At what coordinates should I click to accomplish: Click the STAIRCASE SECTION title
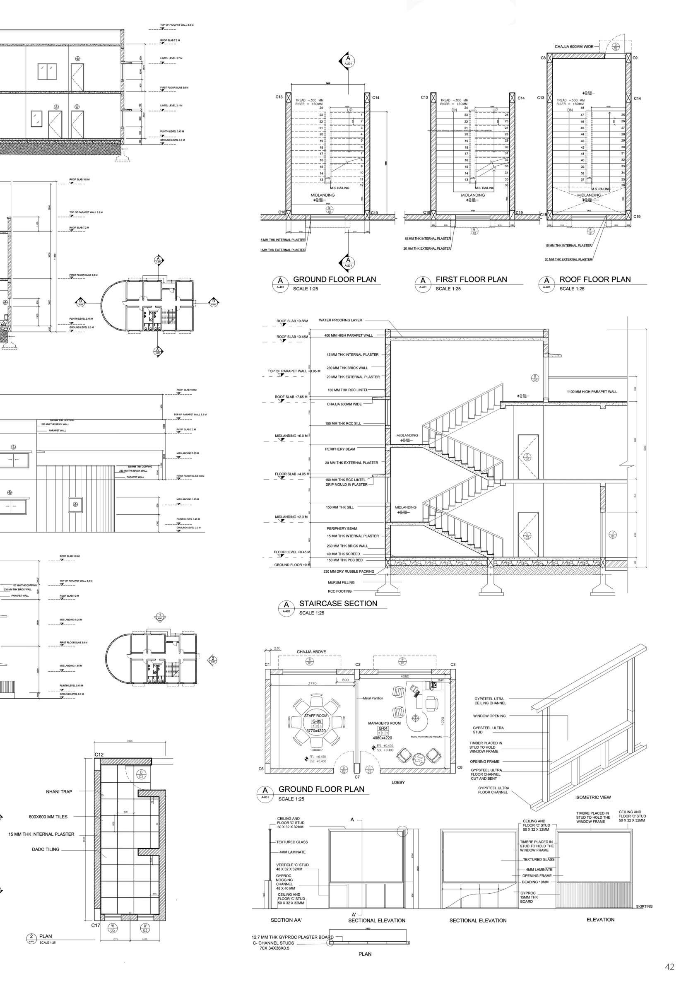[338, 603]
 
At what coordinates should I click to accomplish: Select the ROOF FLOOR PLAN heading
[595, 280]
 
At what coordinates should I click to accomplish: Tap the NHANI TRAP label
[59, 791]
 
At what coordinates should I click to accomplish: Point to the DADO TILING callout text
[46, 849]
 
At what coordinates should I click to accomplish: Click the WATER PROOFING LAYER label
[340, 320]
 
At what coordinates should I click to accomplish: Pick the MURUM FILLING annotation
[341, 582]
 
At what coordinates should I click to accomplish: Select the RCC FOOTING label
[339, 591]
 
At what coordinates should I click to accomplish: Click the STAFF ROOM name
[316, 716]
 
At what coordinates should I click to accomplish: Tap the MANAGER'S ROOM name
[384, 723]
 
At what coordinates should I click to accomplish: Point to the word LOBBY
[398, 782]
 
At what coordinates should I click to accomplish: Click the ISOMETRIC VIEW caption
[593, 797]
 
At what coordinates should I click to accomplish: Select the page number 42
[669, 967]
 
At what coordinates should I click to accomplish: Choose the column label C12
[99, 755]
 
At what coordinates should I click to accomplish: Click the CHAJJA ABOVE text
[311, 651]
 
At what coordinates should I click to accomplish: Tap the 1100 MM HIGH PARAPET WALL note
[592, 392]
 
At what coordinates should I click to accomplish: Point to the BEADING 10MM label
[535, 882]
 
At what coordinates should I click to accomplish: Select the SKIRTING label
[644, 906]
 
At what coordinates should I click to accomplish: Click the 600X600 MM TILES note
[48, 817]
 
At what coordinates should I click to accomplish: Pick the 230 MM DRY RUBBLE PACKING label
[349, 571]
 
